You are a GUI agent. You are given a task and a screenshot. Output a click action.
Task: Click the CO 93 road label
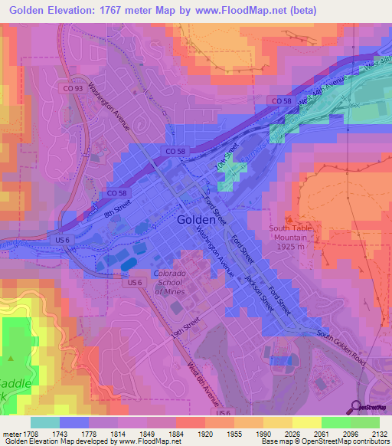coord(73,89)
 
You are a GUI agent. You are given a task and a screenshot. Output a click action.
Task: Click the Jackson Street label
coord(260,292)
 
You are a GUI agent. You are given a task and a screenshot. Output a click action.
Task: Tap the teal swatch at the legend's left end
coord(45,423)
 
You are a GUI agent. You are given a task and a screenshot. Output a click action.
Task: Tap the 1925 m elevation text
coord(292,248)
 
